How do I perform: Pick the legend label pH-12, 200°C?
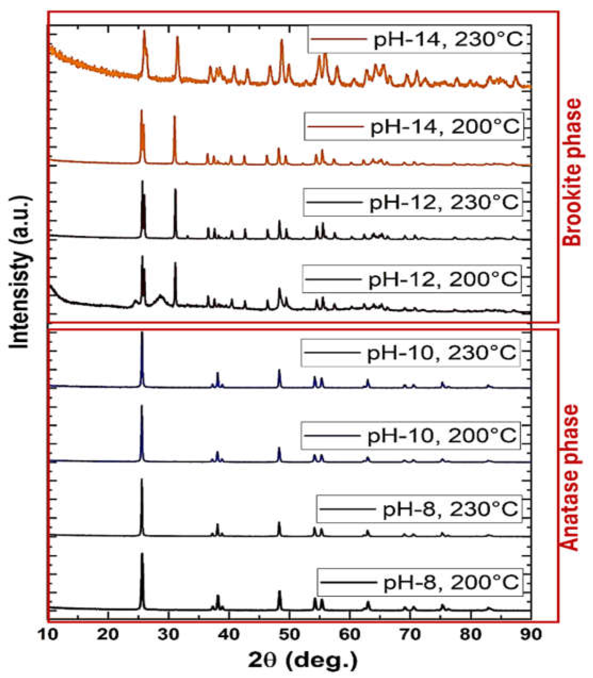point(443,279)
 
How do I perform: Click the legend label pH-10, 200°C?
point(442,435)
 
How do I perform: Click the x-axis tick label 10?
point(48,634)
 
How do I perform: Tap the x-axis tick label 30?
point(169,634)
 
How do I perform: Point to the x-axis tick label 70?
point(410,634)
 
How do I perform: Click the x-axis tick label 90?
point(531,634)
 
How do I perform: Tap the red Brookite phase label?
point(572,172)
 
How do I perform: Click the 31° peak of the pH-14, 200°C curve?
point(174,117)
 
